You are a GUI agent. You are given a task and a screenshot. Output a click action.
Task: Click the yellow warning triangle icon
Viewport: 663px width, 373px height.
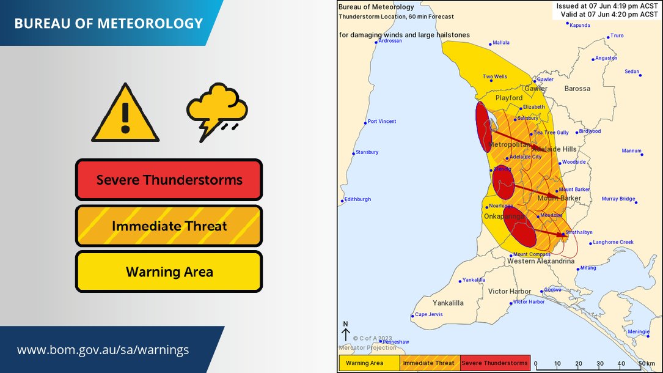point(125,114)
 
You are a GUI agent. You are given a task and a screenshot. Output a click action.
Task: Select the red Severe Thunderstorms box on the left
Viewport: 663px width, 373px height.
point(169,180)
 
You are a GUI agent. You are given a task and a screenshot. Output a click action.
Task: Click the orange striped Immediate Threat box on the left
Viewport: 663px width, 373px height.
point(169,226)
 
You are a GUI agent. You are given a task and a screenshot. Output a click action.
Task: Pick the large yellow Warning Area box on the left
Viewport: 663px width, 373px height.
point(169,271)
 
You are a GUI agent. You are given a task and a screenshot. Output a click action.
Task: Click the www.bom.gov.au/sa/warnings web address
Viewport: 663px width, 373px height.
point(103,350)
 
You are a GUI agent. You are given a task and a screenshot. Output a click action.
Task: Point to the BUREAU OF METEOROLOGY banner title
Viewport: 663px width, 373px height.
point(108,24)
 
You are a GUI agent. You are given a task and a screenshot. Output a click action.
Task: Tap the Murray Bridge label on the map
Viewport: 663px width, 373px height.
point(618,199)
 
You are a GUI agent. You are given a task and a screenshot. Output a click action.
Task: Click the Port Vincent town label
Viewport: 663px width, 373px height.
point(381,121)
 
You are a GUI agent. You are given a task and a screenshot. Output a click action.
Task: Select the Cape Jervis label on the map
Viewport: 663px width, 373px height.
point(428,315)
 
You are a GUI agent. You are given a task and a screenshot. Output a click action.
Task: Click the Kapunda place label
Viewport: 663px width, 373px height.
point(579,25)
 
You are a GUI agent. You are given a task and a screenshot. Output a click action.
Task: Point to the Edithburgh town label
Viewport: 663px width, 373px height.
point(357,199)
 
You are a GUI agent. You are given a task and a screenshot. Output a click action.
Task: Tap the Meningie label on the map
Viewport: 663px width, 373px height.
point(639,331)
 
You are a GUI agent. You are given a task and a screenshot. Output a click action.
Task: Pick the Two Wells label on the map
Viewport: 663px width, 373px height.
point(494,77)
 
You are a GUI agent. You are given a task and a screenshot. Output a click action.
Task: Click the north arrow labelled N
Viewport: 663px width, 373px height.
point(346,331)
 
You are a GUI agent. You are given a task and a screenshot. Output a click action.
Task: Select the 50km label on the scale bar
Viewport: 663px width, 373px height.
point(646,363)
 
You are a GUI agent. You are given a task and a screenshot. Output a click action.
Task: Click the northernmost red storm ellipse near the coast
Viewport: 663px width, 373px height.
point(484,127)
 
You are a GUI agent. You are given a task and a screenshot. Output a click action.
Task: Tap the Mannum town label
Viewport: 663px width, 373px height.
point(631,151)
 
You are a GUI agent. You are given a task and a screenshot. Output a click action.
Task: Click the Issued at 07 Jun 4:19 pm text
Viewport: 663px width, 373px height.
point(607,6)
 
